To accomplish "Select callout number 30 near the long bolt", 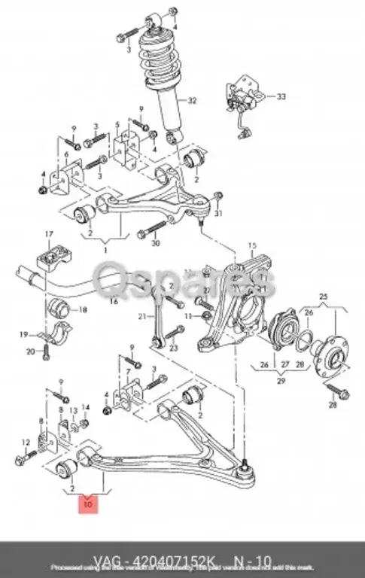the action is click(156, 243).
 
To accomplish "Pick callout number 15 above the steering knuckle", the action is click(253, 245).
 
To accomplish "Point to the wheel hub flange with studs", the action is click(327, 354).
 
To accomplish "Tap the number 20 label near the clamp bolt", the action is click(31, 351).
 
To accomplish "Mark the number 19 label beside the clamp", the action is click(24, 333).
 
